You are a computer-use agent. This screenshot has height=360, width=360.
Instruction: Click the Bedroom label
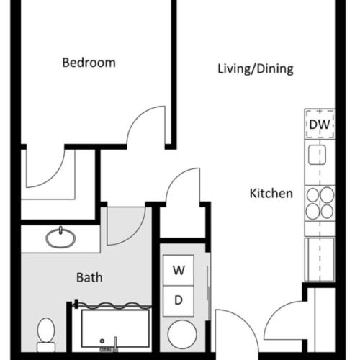pos(89,63)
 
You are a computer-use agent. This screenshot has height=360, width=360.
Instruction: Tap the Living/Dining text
pos(256,69)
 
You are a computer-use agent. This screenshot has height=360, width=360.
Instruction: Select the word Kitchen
pos(271,193)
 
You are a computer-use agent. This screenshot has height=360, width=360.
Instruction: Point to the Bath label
pos(89,276)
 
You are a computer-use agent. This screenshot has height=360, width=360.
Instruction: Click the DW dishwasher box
pos(319,125)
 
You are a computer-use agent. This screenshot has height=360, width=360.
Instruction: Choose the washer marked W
pos(179,271)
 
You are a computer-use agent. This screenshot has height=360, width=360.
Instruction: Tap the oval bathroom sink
pos(63,237)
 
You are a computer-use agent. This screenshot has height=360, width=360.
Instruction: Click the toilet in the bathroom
pos(47,332)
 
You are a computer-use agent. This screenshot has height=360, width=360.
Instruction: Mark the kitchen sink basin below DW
pos(318,155)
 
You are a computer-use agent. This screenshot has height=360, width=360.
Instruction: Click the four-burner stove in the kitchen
pos(319,202)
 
